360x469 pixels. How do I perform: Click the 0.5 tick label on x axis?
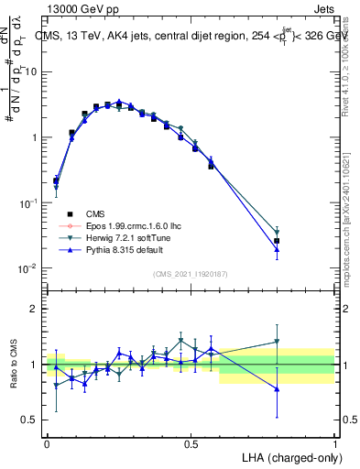point(191,443)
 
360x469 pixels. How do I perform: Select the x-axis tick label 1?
point(335,443)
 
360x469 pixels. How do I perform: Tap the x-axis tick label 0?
point(48,443)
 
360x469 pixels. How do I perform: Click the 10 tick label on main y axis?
point(30,71)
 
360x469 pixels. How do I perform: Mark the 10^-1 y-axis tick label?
point(28,202)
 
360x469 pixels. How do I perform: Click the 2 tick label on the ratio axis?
point(35,309)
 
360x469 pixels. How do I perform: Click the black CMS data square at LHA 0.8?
point(278,241)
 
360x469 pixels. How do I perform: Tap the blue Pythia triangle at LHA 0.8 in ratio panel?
point(278,389)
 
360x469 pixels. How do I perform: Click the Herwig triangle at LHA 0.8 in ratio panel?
point(278,342)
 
